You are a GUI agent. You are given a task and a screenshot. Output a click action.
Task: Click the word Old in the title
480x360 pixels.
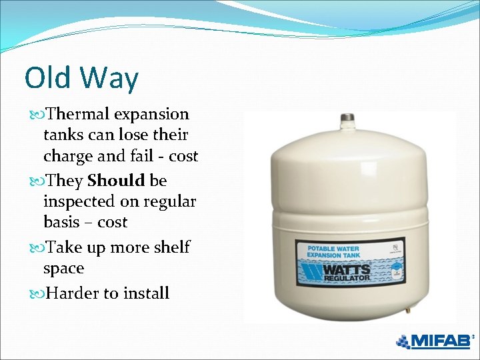(49, 78)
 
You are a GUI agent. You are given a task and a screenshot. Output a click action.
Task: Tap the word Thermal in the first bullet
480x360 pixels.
(77, 114)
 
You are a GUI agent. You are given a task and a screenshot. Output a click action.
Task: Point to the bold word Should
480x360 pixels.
(116, 181)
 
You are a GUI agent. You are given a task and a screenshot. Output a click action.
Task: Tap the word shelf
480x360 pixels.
(172, 247)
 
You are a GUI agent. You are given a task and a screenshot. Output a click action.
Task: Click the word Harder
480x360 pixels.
(74, 293)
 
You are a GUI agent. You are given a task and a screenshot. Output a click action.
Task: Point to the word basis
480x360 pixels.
(61, 222)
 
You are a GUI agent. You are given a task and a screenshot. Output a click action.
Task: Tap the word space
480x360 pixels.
(63, 269)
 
